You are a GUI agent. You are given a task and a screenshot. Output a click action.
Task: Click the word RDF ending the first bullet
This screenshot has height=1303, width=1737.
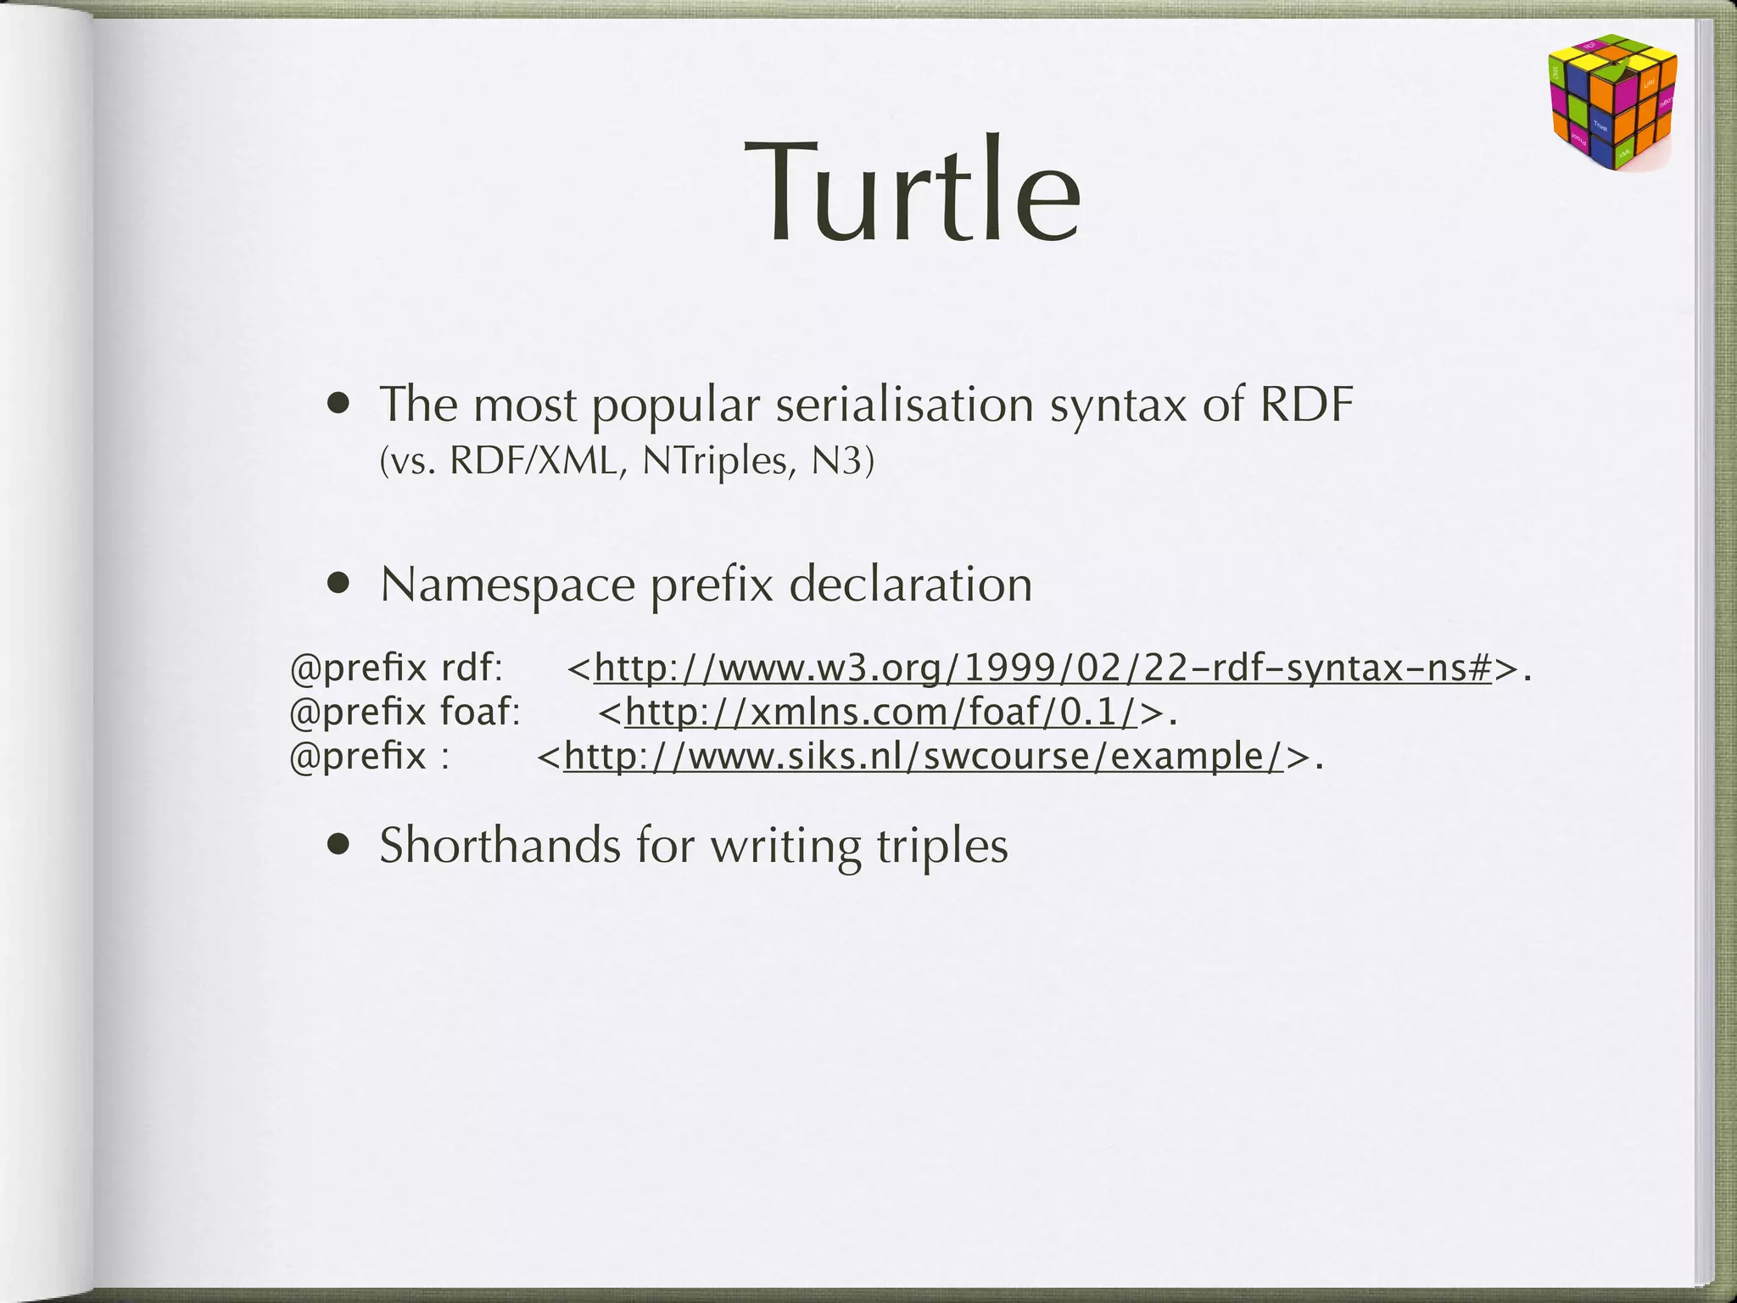click(1306, 405)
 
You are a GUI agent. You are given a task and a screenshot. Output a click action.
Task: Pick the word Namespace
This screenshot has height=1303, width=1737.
click(507, 585)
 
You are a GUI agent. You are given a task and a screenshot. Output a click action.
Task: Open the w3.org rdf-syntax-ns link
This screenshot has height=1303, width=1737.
click(1042, 668)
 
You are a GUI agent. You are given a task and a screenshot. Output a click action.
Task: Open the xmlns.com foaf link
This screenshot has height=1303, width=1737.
click(881, 712)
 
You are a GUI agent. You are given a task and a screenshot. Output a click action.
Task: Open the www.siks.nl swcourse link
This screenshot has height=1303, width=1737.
click(924, 755)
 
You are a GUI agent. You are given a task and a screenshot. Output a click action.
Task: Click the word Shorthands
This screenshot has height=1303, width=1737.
click(500, 846)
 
